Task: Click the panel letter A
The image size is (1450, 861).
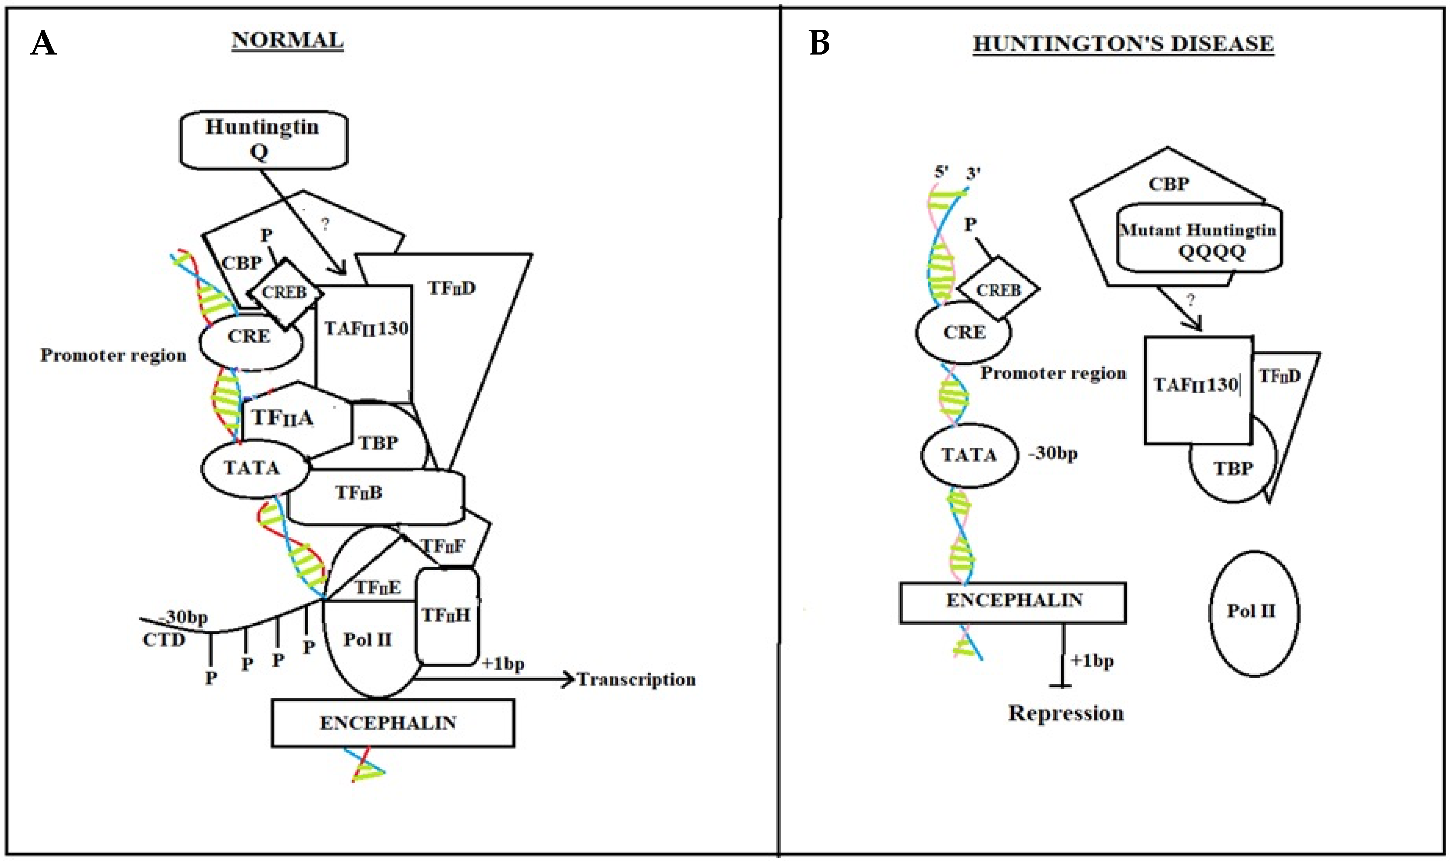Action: click(43, 43)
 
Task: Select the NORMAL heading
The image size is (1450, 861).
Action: click(287, 41)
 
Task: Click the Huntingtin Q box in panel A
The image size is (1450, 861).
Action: click(263, 139)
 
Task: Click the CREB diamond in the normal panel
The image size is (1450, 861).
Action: click(284, 292)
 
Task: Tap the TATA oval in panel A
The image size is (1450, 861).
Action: click(253, 468)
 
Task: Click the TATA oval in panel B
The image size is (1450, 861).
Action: click(969, 454)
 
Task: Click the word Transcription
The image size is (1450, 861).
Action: click(636, 680)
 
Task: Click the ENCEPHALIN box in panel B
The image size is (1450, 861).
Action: click(1013, 601)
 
